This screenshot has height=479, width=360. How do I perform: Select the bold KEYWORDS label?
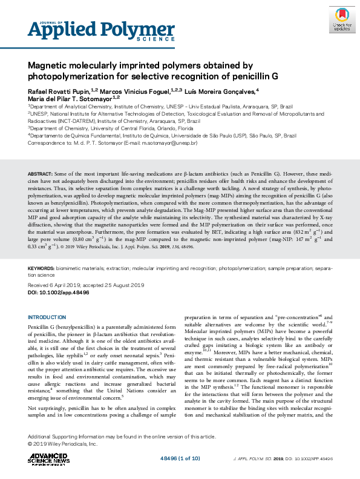tap(42, 268)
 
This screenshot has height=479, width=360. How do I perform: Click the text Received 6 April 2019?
tap(54, 285)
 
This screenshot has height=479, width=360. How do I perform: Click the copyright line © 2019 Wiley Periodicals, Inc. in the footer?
tap(63, 444)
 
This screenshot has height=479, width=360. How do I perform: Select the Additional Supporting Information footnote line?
tap(122, 437)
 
